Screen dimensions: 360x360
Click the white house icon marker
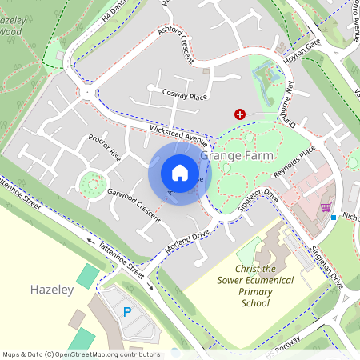pos(180,173)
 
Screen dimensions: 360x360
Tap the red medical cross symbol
pos(238,115)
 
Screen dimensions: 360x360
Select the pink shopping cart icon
pos(326,208)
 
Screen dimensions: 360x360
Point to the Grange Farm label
pos(238,155)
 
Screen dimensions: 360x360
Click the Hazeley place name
pos(52,288)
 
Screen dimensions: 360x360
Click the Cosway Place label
pos(184,97)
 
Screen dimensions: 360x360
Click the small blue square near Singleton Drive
pos(334,217)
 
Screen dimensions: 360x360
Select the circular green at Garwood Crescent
pos(94,185)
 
